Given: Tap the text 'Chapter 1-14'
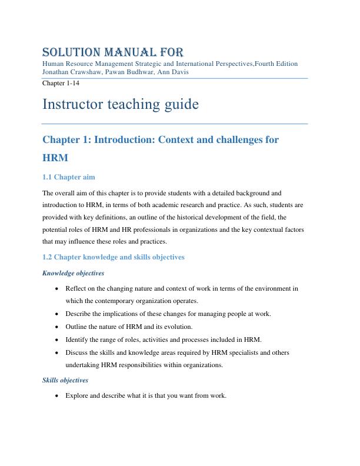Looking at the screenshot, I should click(x=61, y=83).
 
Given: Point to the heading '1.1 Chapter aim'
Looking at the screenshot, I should click(x=69, y=177).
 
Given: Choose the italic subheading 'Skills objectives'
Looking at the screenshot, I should click(x=65, y=380).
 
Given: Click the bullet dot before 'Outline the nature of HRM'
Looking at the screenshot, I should click(x=56, y=327).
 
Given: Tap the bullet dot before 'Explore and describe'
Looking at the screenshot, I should click(x=56, y=396).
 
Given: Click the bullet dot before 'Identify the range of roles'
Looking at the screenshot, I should click(x=56, y=339).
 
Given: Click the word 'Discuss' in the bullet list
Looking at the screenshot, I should click(x=77, y=352).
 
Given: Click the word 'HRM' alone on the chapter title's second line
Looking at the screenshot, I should click(x=55, y=158).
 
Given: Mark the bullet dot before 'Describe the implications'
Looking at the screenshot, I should click(x=56, y=314).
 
